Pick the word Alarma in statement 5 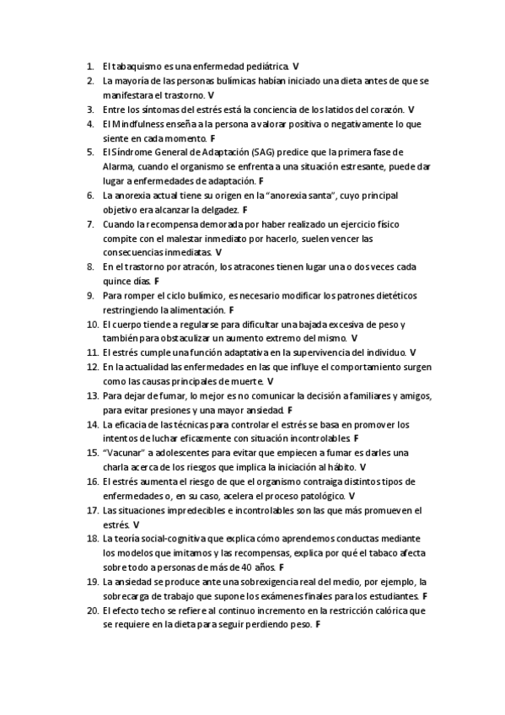(x=116, y=167)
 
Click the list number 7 (x=90, y=224)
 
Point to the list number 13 (x=92, y=395)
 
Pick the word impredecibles (x=196, y=510)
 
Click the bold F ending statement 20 (x=318, y=625)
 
